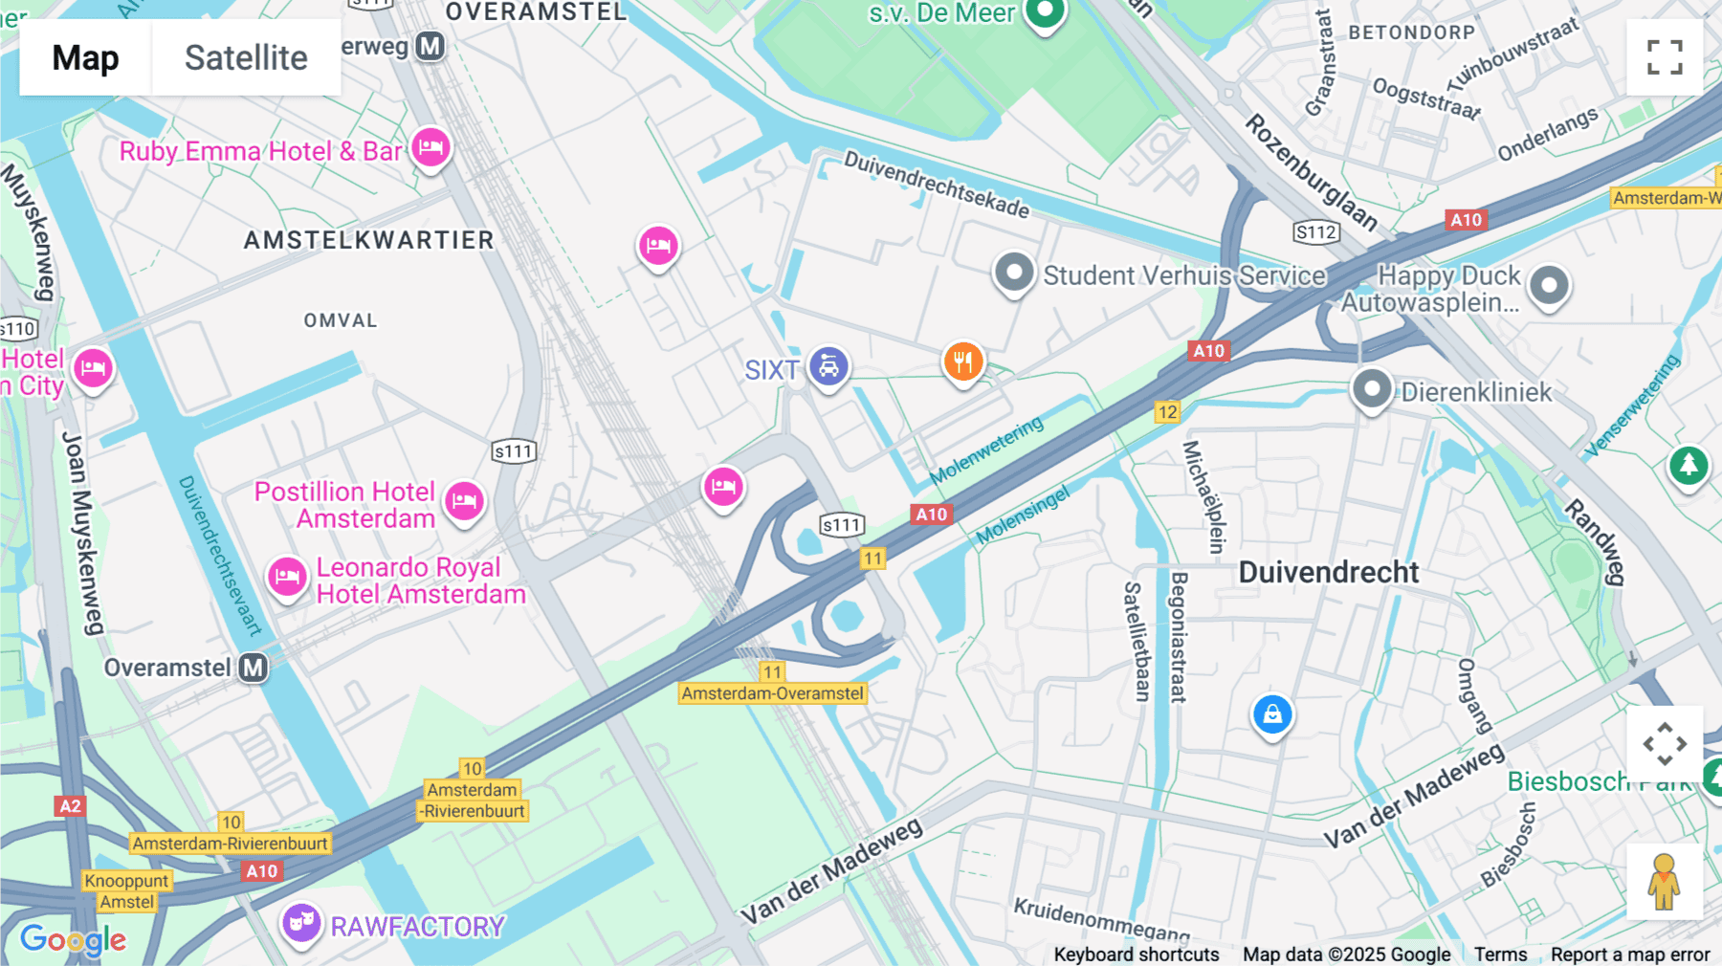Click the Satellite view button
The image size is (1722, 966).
coord(246,57)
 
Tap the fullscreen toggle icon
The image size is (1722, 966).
coord(1665,57)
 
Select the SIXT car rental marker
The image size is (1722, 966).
coord(828,366)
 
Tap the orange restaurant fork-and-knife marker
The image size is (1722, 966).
coord(963,362)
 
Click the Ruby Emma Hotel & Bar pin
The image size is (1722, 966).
coord(431,148)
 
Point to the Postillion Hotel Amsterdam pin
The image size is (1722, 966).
coord(465,500)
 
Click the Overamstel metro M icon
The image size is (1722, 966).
coord(254,668)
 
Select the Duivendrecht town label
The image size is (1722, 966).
coord(1328,572)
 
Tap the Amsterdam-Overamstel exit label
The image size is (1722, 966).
coord(772,693)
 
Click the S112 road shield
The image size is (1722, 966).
coord(1315,231)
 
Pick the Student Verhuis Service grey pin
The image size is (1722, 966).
coord(1014,273)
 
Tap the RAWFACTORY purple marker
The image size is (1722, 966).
coord(301,923)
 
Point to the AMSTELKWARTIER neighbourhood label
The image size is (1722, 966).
coord(368,240)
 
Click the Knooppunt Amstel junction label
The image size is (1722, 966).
coord(126,890)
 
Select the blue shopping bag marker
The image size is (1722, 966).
coord(1272,714)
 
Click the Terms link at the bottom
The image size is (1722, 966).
coord(1500,954)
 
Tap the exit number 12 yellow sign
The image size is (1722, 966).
coord(1167,412)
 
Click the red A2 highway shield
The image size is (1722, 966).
coord(70,805)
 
